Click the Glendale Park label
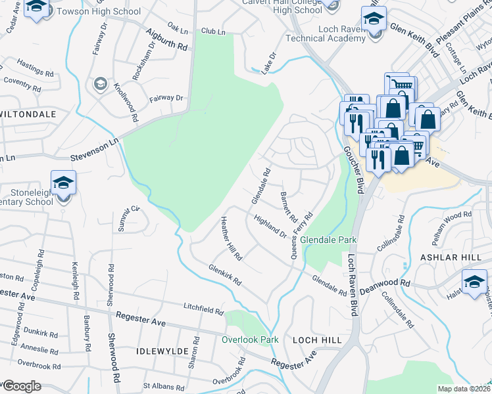click(x=328, y=240)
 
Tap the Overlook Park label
click(x=250, y=339)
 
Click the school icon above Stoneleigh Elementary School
click(x=64, y=183)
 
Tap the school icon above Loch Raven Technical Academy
click(x=374, y=19)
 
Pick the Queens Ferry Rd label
click(x=302, y=230)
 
